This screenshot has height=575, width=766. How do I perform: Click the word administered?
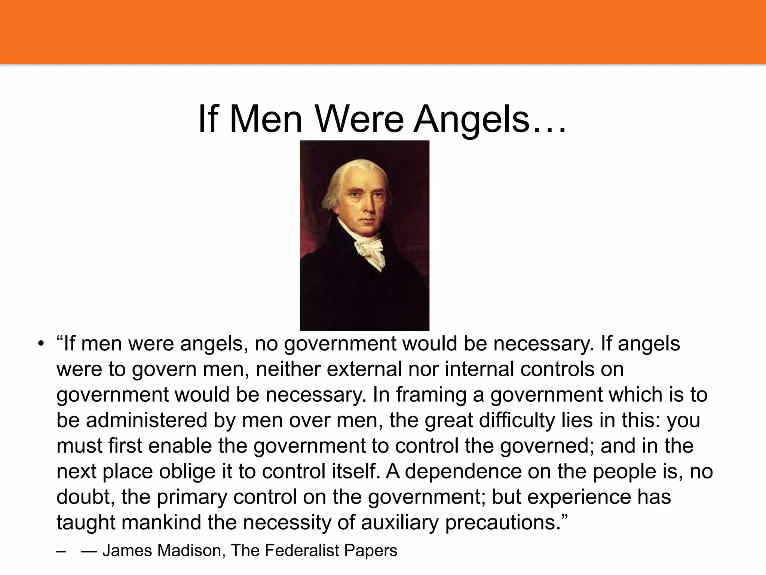click(x=147, y=420)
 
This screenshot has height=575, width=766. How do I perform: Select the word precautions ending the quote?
click(x=505, y=523)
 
